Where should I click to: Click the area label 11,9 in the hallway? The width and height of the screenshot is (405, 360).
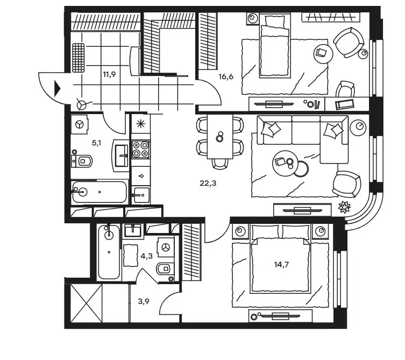coord(109,75)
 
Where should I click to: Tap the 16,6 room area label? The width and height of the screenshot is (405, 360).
coord(226,76)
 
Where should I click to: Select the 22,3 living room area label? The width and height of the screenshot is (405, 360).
coord(208,183)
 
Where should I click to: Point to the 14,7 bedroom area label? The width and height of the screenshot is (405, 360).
coord(281,264)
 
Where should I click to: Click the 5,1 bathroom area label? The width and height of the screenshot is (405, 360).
coord(96,143)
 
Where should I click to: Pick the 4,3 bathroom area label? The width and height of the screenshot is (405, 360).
coord(146,256)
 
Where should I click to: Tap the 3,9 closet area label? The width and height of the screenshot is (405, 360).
coord(144,301)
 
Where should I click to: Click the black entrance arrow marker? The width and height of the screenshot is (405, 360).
coord(57,89)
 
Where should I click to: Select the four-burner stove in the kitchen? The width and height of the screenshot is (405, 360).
coord(140,150)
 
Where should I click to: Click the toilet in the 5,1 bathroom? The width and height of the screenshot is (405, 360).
coord(81,161)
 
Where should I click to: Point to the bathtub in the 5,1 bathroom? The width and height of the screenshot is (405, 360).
coord(100,192)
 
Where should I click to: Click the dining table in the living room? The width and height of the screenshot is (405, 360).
coord(220,136)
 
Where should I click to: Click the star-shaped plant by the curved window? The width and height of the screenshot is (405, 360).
coord(345,207)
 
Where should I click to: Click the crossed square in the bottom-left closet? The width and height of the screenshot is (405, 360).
coord(87,303)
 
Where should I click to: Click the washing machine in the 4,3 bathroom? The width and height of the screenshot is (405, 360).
coord(165,247)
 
